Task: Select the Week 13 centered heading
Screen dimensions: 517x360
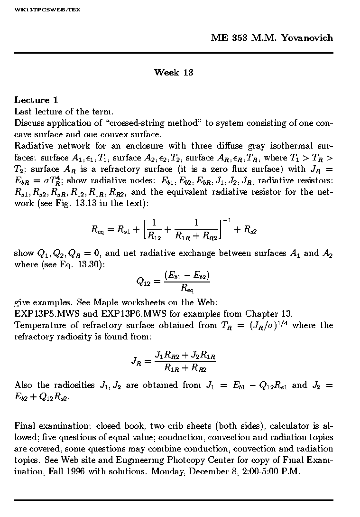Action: point(174,73)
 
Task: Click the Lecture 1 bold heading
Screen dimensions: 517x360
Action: point(36,100)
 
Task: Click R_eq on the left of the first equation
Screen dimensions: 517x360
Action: point(98,230)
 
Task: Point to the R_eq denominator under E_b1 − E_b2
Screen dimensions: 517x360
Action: point(187,288)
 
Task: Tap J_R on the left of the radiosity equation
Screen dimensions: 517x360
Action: point(137,361)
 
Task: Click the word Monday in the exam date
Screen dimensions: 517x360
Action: point(173,472)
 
